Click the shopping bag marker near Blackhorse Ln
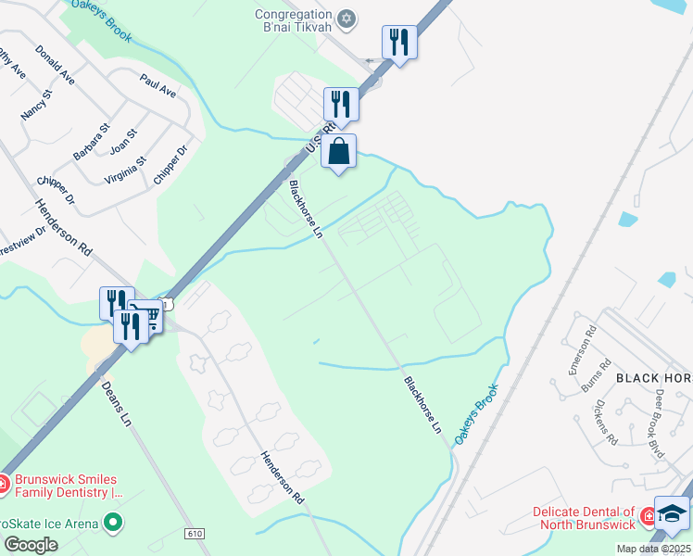click(339, 152)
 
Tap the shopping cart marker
click(145, 317)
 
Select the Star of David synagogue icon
click(346, 18)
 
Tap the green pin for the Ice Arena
click(114, 523)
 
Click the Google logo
click(30, 545)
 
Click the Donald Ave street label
click(54, 65)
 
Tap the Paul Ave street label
click(157, 86)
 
